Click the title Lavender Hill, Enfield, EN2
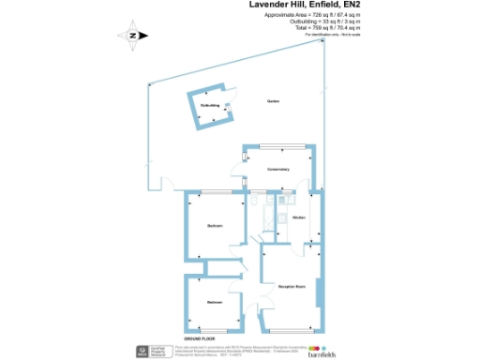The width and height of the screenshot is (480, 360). (x=307, y=5)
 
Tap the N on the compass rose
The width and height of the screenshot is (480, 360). (x=133, y=36)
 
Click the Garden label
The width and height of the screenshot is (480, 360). (x=273, y=100)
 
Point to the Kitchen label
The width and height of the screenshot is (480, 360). (x=299, y=217)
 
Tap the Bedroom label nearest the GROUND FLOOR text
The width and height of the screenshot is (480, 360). (x=214, y=301)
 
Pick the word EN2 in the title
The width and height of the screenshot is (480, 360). (x=352, y=5)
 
